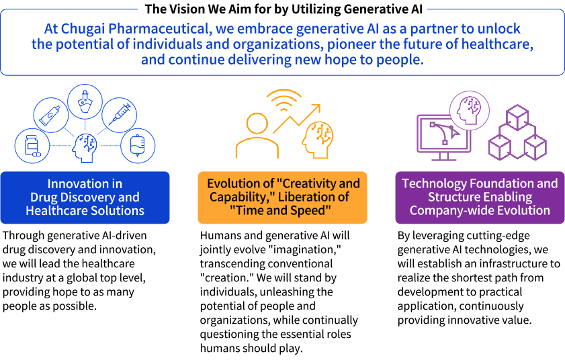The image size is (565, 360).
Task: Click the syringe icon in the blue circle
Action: pyautogui.click(x=120, y=115)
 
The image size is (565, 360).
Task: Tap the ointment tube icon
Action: pyautogui.click(x=51, y=116)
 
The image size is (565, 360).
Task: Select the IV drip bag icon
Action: pyautogui.click(x=137, y=146)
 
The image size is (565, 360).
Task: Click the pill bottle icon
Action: pyautogui.click(x=32, y=146)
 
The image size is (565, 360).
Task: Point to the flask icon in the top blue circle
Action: pyautogui.click(x=85, y=101)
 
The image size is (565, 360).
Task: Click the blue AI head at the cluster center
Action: pyautogui.click(x=85, y=148)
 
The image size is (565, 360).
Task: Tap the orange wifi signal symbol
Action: pyautogui.click(x=284, y=100)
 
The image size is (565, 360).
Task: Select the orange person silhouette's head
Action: pyautogui.click(x=257, y=124)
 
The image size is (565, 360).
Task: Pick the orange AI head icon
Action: pyautogui.click(x=318, y=140)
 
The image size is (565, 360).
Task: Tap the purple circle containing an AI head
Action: pyautogui.click(x=470, y=110)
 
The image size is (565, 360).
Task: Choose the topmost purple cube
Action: pyautogui.click(x=517, y=118)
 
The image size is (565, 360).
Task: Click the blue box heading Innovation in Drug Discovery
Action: pyautogui.click(x=85, y=197)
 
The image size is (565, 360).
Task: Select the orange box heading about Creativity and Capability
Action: pyautogui.click(x=282, y=197)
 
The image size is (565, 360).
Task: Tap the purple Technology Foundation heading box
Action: pyautogui.click(x=480, y=197)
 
